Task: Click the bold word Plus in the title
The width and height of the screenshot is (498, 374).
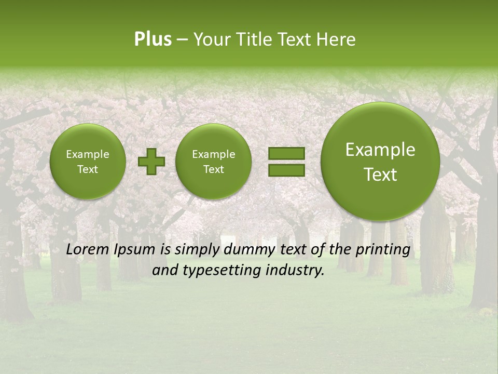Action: [153, 39]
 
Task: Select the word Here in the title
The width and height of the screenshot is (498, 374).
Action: [336, 39]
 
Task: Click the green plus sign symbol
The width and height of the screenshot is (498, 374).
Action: [151, 162]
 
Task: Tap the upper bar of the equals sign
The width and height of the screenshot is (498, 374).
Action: [286, 153]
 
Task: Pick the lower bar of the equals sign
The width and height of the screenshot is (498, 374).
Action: [286, 170]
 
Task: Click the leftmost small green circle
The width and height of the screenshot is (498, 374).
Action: [87, 162]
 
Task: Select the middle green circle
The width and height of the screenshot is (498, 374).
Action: [213, 162]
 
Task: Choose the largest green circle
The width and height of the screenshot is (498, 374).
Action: [380, 162]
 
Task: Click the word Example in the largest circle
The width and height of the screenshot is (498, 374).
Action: [380, 150]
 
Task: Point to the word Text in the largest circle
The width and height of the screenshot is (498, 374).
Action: [380, 175]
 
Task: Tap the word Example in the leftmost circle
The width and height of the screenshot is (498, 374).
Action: [87, 154]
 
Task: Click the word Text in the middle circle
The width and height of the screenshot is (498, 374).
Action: [213, 169]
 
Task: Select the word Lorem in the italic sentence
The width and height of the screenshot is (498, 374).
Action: [88, 249]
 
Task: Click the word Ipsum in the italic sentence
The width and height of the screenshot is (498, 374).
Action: [134, 250]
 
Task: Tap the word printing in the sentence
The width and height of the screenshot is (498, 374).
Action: [382, 250]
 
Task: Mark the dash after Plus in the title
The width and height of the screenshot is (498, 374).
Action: [183, 40]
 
